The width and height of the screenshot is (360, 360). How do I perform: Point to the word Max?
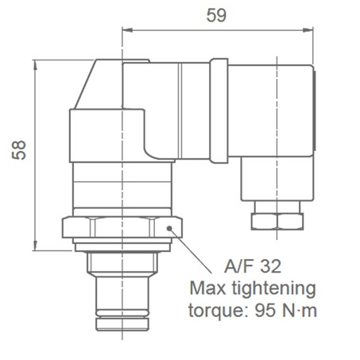tap(206, 288)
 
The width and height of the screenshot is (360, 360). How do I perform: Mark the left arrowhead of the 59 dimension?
tap(126, 31)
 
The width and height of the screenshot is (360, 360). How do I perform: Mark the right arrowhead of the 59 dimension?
tap(308, 31)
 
